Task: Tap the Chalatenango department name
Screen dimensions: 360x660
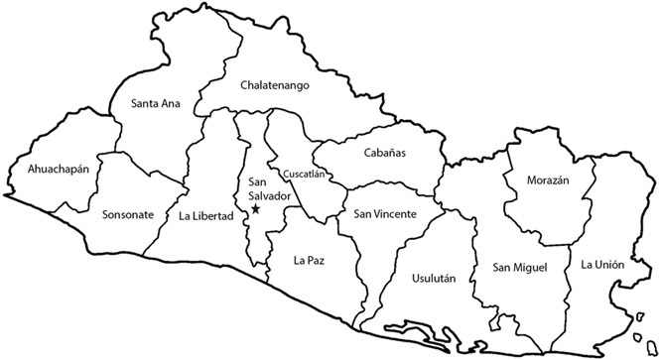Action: click(x=275, y=85)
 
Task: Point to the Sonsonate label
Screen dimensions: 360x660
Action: click(x=127, y=214)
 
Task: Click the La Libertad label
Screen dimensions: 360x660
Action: click(x=205, y=215)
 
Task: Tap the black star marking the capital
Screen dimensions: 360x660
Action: click(x=255, y=209)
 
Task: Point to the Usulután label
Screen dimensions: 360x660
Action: click(x=433, y=279)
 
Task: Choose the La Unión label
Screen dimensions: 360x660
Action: click(x=602, y=264)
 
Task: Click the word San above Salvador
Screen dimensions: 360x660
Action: click(x=258, y=182)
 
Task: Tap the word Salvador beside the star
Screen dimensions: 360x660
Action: click(x=269, y=196)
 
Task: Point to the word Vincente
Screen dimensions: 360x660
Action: click(x=394, y=214)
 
